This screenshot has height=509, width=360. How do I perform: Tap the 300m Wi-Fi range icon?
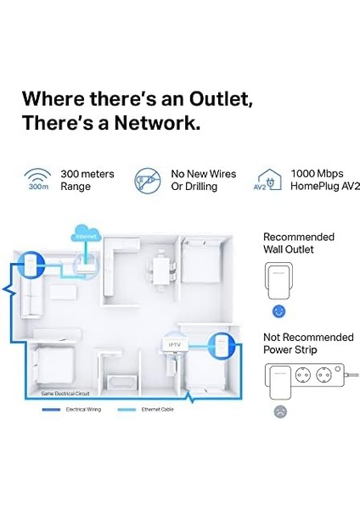click(37, 180)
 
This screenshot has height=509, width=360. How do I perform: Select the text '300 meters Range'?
click(87, 180)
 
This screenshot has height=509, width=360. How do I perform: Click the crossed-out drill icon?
click(147, 180)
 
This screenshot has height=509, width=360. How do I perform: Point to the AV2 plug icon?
click(268, 180)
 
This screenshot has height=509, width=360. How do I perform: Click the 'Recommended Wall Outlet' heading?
click(299, 243)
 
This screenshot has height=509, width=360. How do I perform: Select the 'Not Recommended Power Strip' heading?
click(307, 344)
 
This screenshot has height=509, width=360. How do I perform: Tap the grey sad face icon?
click(281, 411)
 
